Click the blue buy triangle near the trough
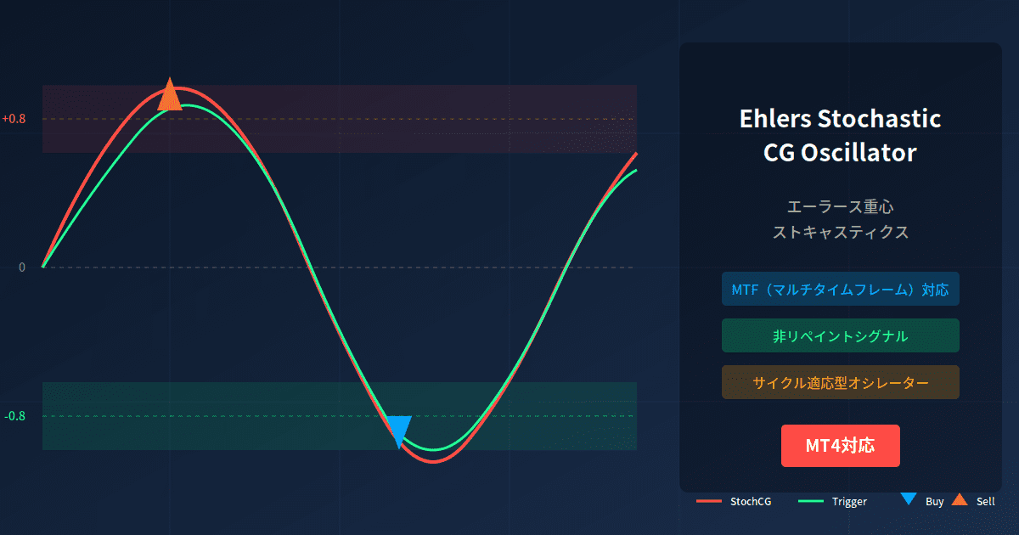pos(398,429)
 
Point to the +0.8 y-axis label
pos(14,119)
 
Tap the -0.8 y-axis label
pos(14,416)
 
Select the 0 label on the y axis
pos(22,267)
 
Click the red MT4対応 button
pos(840,446)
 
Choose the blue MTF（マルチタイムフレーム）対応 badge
pos(840,290)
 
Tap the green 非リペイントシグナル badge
pos(840,336)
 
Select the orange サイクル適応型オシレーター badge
pos(840,383)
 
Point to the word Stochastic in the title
pos(879,119)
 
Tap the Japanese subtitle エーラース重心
pos(840,206)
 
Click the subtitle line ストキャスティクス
pos(840,232)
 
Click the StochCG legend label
pos(751,502)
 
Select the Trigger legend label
pos(849,502)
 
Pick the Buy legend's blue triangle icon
pos(908,499)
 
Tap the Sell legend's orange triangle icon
pos(960,499)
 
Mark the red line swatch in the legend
pos(709,502)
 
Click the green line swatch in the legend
pos(811,502)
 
